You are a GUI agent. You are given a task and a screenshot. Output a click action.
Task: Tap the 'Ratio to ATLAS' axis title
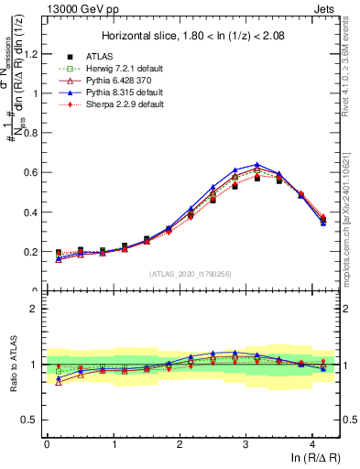(12, 365)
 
